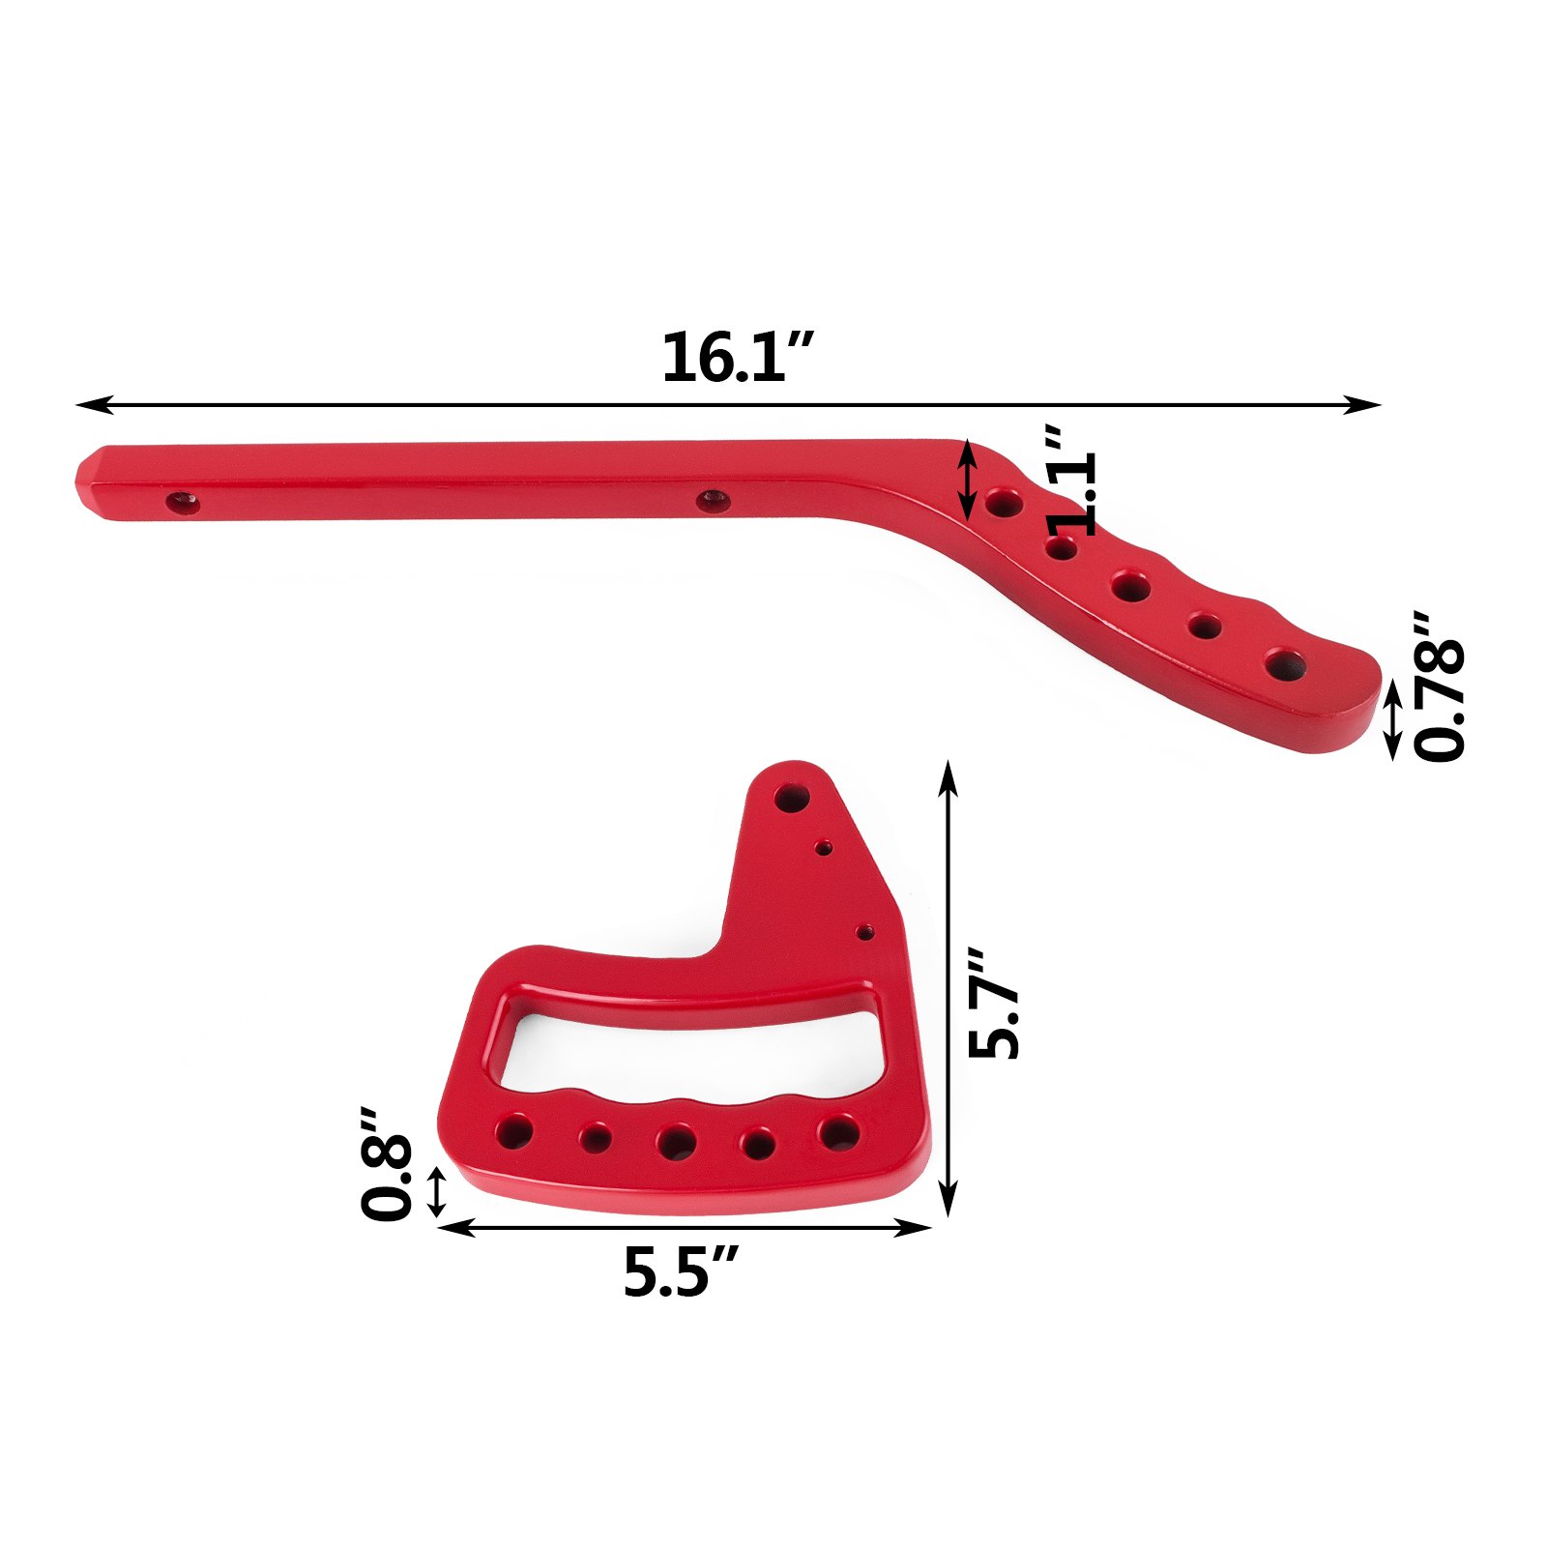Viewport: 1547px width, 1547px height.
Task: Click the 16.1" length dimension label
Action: click(737, 359)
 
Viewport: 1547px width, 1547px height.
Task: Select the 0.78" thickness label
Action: click(1440, 686)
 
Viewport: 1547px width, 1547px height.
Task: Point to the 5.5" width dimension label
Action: click(681, 1271)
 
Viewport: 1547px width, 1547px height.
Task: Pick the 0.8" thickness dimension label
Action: click(386, 1164)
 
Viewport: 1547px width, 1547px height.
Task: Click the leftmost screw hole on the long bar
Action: click(182, 503)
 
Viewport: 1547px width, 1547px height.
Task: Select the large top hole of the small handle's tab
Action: click(792, 799)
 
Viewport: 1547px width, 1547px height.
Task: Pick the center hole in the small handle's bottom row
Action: click(676, 1141)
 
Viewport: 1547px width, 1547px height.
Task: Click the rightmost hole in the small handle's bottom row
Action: click(837, 1131)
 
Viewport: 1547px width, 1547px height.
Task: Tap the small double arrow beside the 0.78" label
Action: click(1392, 718)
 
